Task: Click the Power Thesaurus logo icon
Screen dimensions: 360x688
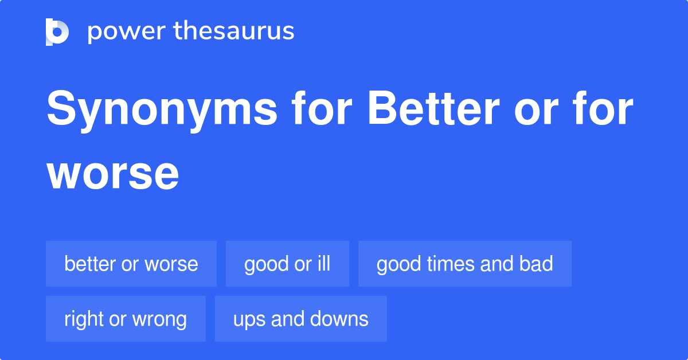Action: (57, 32)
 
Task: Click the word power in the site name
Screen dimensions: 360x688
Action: (125, 32)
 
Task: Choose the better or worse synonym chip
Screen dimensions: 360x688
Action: (131, 264)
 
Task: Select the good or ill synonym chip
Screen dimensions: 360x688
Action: (287, 264)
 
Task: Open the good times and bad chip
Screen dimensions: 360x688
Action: (464, 264)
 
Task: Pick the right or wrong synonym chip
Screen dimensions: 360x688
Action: (126, 319)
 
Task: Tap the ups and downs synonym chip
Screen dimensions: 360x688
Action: (301, 319)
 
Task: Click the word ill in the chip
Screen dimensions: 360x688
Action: (324, 264)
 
